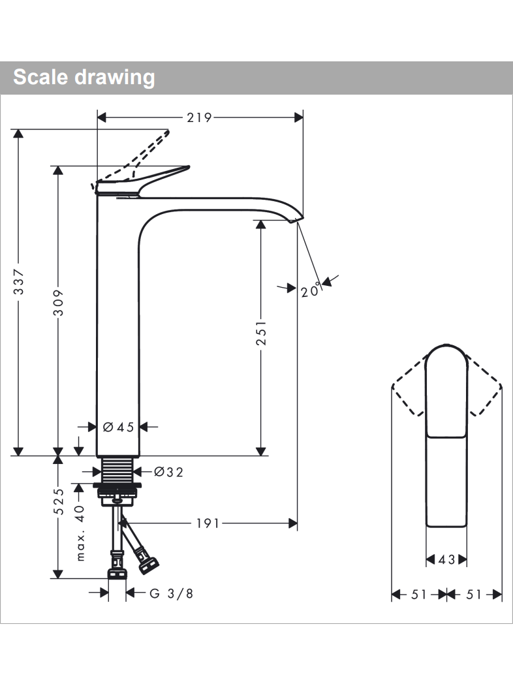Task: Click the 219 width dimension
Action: [x=199, y=117]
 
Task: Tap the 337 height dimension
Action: [x=19, y=282]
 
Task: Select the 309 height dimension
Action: [x=59, y=302]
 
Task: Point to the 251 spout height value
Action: [x=261, y=333]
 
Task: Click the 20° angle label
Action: [x=311, y=290]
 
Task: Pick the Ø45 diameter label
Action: [x=118, y=427]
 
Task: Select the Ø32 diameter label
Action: [x=169, y=472]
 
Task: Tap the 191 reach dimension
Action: [x=208, y=523]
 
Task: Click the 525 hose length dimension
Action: [x=59, y=502]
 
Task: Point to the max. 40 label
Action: [x=80, y=533]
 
